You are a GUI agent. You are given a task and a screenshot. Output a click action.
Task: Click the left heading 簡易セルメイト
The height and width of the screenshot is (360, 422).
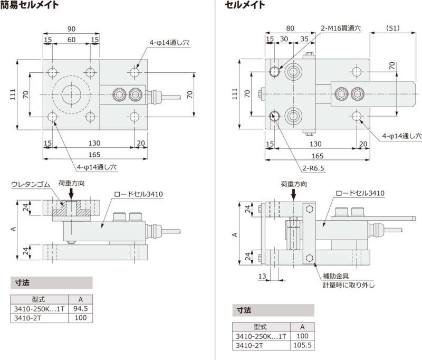pos(29,6)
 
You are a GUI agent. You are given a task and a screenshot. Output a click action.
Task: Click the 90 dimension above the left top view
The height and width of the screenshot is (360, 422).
pos(71,29)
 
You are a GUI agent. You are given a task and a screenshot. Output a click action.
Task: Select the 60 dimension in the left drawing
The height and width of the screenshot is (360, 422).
pos(71,40)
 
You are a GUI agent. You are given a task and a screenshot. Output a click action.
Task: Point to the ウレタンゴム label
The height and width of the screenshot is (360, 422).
pos(30,184)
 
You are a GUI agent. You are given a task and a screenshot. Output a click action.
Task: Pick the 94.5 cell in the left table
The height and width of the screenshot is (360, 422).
pos(80,308)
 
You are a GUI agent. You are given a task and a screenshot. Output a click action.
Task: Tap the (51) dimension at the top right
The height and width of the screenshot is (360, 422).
pos(392,28)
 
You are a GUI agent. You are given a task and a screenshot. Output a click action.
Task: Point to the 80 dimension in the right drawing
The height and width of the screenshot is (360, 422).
pos(290,29)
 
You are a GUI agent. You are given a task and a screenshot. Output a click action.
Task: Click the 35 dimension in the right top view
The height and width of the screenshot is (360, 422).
pos(304,40)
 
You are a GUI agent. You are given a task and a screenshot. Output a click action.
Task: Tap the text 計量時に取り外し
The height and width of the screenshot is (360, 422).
pos(349,286)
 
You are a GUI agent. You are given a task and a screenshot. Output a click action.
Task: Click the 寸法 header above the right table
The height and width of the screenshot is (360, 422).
pos(243,310)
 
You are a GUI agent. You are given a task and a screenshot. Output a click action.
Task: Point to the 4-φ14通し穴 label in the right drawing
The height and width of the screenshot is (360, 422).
pos(402,136)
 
